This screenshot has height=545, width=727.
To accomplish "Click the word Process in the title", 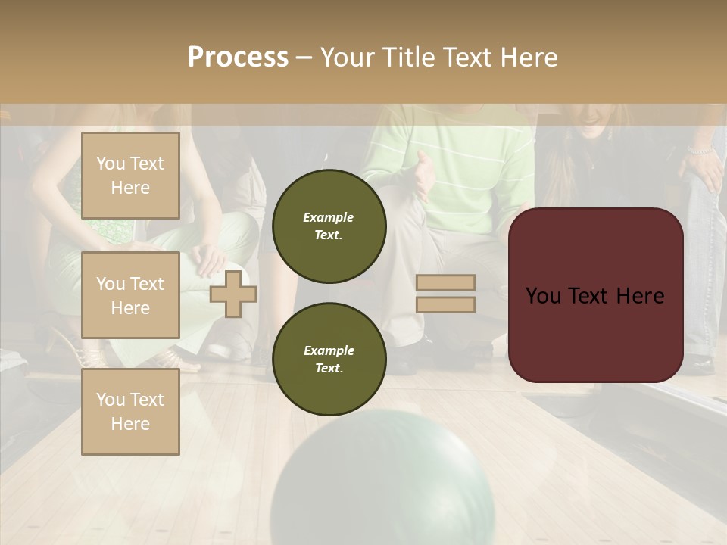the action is [x=238, y=58].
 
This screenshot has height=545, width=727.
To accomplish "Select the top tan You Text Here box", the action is [x=130, y=176].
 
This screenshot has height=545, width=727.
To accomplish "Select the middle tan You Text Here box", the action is [x=130, y=295].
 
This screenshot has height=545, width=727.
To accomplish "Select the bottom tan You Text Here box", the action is [x=130, y=411].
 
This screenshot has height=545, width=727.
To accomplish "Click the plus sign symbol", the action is [x=233, y=294].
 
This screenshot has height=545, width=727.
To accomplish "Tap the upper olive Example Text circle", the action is [x=329, y=226].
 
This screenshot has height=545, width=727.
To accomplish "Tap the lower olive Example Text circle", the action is [x=329, y=360].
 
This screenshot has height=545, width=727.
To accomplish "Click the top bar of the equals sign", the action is [x=445, y=283].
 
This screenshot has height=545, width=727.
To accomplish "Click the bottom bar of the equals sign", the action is [x=445, y=304].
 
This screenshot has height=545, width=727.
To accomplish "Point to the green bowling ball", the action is [x=382, y=484].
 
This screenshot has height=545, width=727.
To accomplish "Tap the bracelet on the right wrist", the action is [x=701, y=151].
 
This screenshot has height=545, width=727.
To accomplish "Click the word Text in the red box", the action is [x=595, y=296].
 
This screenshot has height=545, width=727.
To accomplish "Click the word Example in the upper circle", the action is [x=329, y=217].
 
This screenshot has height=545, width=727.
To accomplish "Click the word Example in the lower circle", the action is [x=329, y=350].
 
